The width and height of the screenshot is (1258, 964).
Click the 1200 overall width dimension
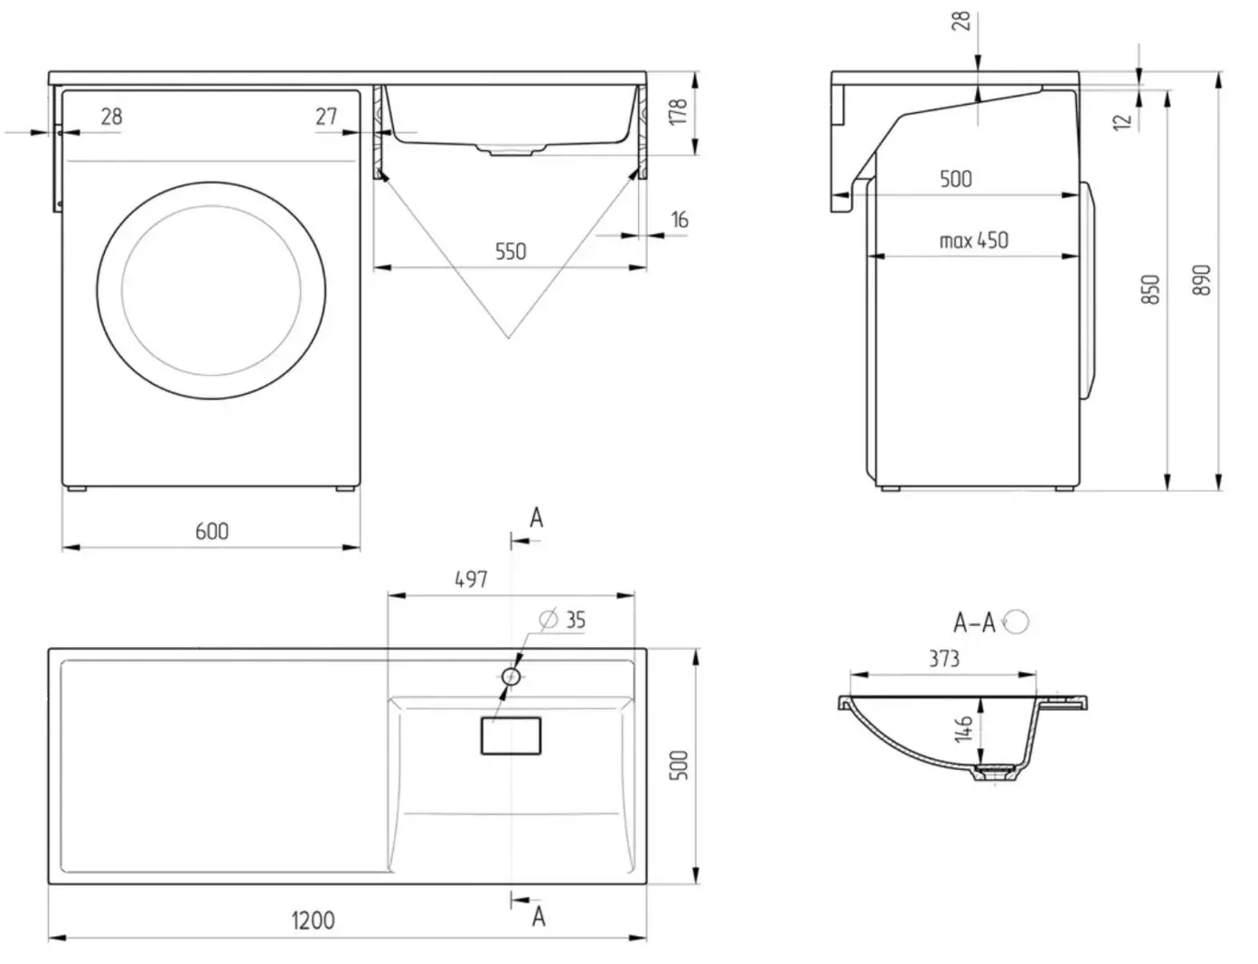(314, 920)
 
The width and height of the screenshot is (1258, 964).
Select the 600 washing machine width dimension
(211, 531)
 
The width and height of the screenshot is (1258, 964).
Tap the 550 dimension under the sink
(511, 252)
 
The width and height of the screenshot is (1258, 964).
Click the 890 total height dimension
(1202, 280)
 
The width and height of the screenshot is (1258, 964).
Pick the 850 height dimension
(1150, 289)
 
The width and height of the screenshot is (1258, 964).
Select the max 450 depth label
(973, 240)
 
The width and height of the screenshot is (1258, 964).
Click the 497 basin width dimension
(471, 579)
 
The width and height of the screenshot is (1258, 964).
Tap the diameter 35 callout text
(563, 620)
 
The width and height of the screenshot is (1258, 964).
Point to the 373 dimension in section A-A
(944, 659)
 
